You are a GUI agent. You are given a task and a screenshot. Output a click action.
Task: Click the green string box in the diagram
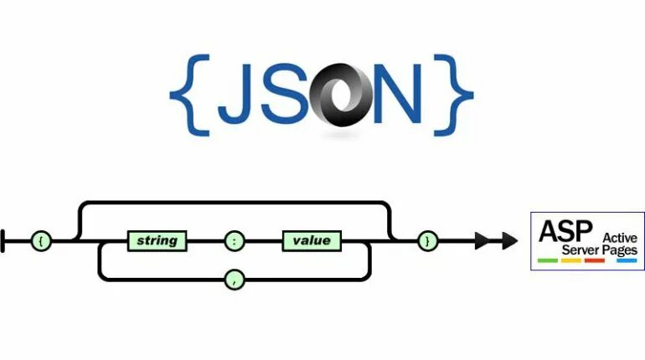click(x=157, y=241)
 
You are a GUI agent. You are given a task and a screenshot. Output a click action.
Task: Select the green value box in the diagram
click(x=312, y=241)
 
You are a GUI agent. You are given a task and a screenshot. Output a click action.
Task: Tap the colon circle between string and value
click(x=235, y=241)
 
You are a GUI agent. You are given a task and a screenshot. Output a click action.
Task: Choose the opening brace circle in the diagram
click(x=41, y=241)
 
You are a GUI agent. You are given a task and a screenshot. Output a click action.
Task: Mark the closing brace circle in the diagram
click(x=427, y=241)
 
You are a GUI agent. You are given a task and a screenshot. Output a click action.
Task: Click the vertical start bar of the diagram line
click(x=4, y=241)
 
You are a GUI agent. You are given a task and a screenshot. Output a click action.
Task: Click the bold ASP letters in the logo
click(x=563, y=230)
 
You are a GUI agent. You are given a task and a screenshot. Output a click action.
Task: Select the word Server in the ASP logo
click(x=580, y=250)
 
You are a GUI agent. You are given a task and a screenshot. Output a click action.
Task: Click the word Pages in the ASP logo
click(x=621, y=250)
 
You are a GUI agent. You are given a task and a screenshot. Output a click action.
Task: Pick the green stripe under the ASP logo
click(x=549, y=261)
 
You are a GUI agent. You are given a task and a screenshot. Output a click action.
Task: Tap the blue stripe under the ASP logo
click(x=627, y=261)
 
